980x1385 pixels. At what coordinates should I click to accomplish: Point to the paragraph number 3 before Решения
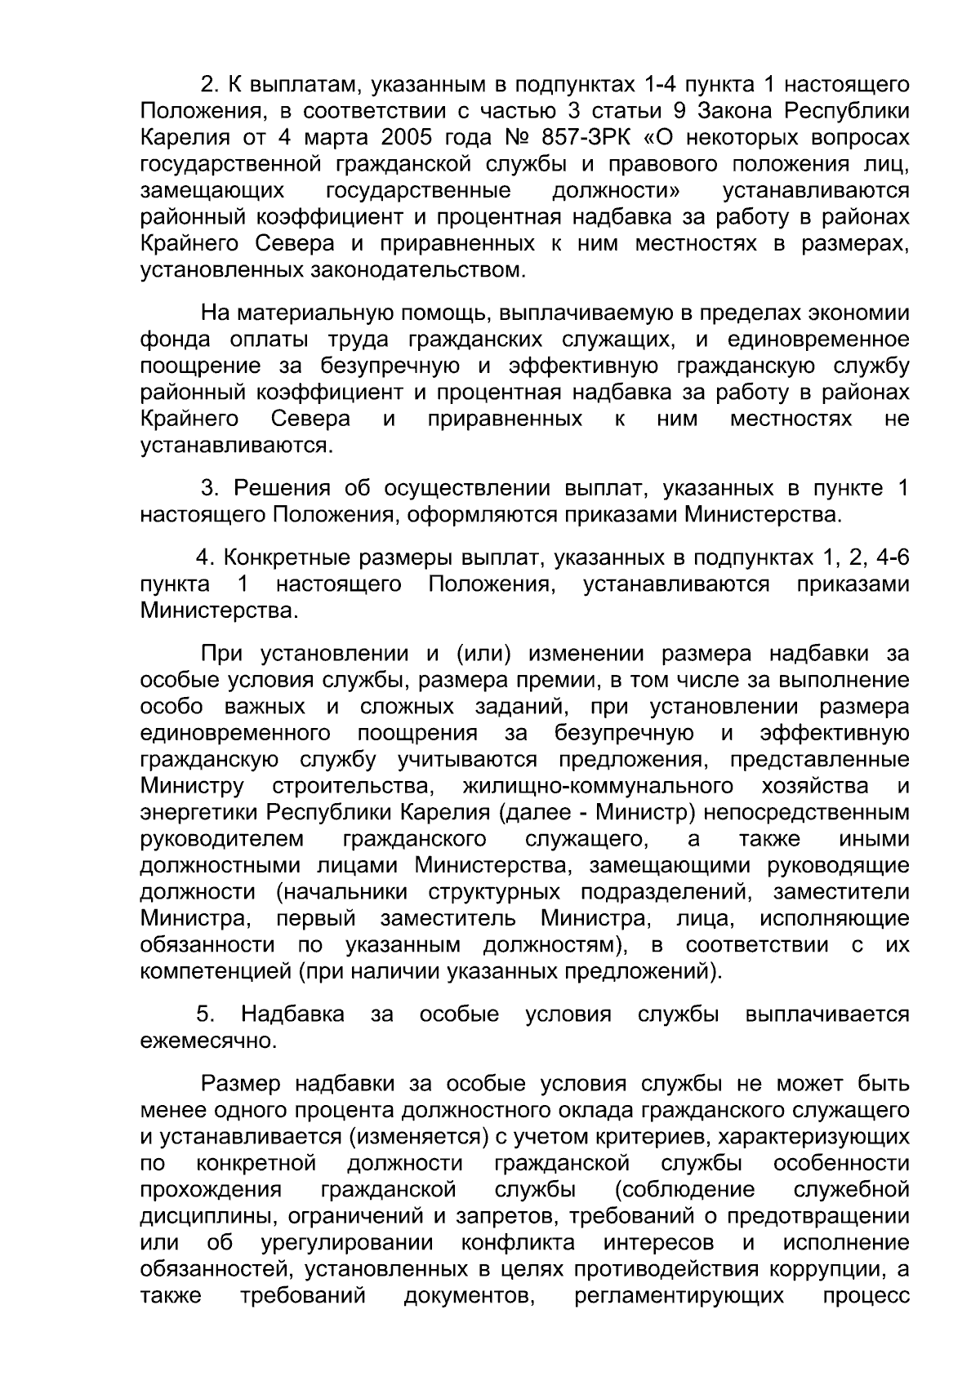209,489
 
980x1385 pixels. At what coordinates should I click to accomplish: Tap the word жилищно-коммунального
598,787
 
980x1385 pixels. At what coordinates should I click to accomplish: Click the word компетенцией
216,972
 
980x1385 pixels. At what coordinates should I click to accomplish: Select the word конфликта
518,1243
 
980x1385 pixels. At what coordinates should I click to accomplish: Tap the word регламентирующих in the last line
679,1296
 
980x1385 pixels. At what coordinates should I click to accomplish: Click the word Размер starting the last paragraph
242,1084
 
